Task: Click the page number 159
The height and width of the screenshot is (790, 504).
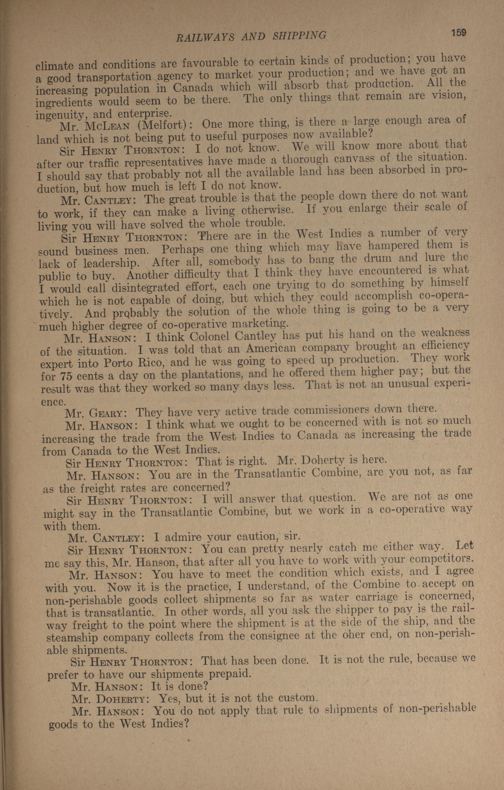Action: click(458, 33)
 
